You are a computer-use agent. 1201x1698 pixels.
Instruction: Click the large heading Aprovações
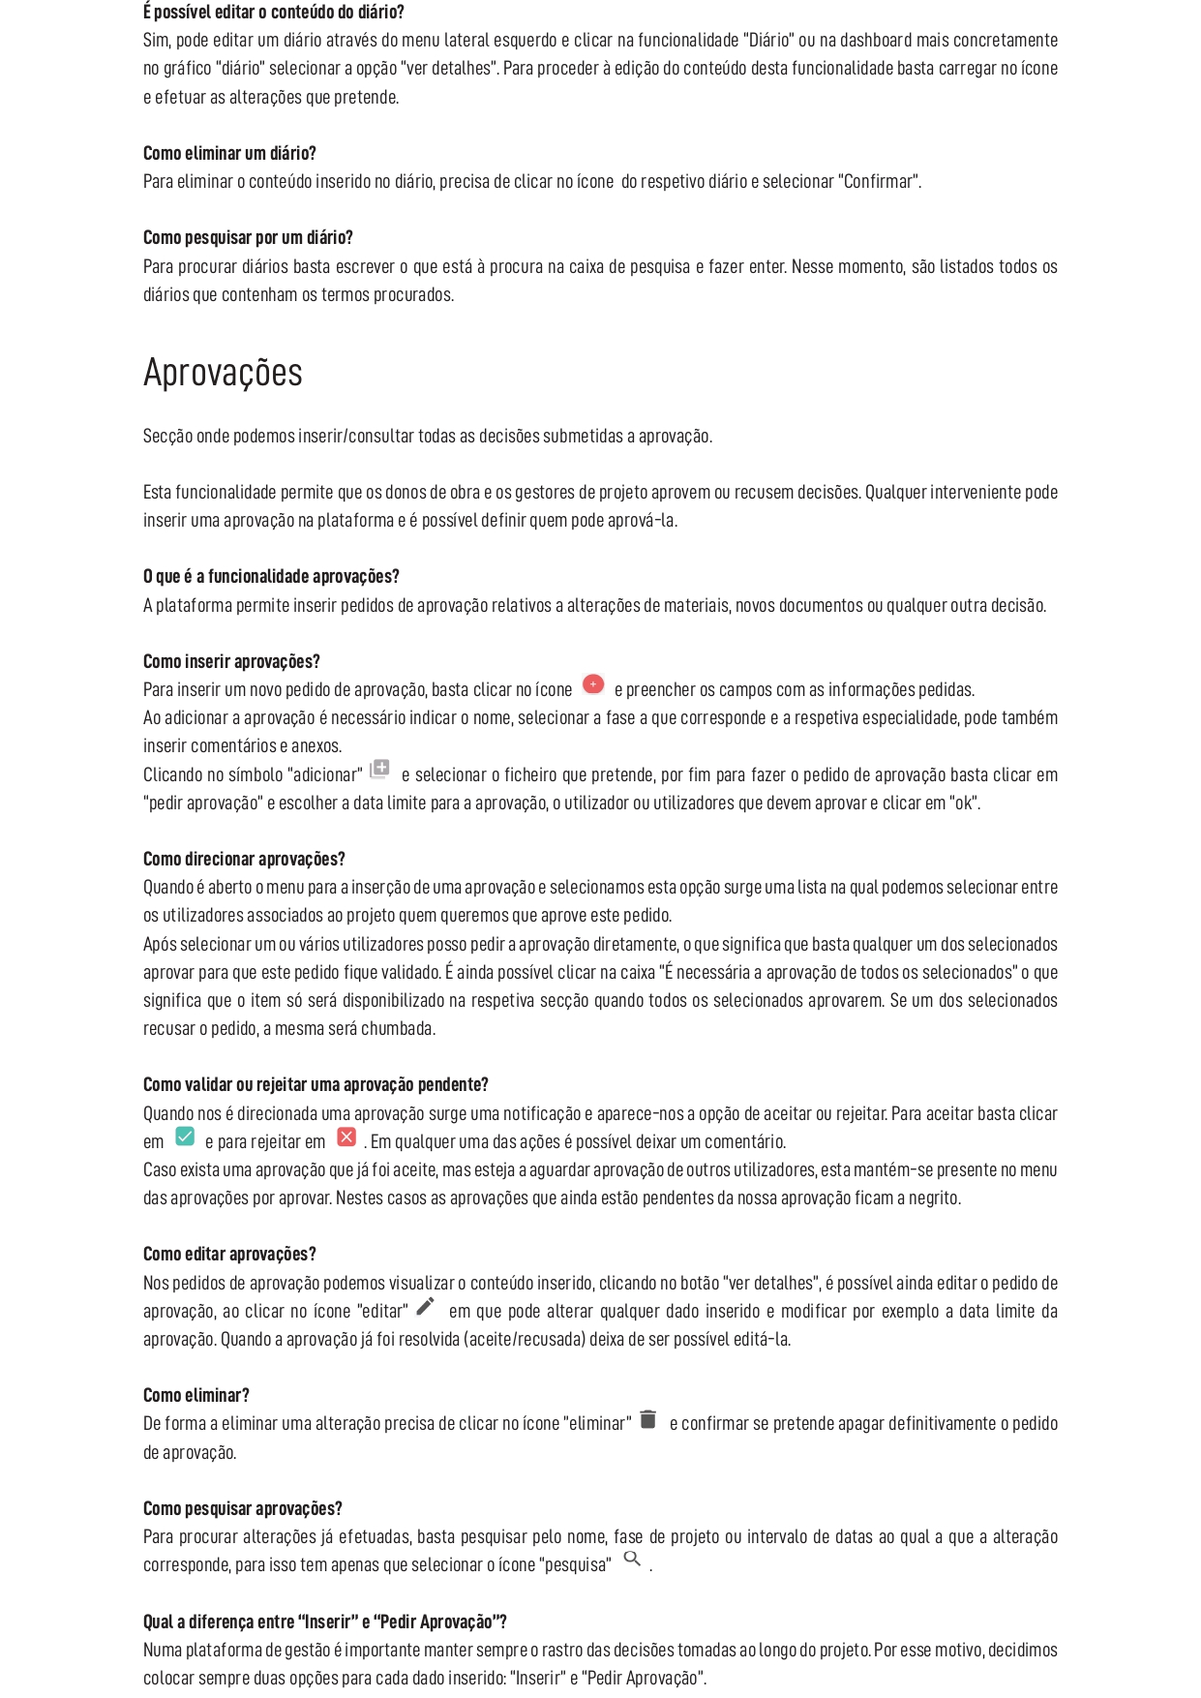click(223, 373)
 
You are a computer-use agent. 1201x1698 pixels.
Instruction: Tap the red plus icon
click(593, 684)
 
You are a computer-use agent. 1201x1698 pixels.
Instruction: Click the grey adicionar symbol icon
click(379, 769)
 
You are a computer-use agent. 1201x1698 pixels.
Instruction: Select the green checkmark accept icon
click(185, 1137)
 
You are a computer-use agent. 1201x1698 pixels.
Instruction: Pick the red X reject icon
click(345, 1137)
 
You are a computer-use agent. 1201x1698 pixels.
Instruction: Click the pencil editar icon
click(426, 1306)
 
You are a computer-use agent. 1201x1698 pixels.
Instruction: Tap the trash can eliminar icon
click(648, 1419)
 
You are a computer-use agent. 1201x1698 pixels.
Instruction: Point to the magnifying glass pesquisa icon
click(632, 1559)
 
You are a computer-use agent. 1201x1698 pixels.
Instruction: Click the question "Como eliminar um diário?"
click(229, 153)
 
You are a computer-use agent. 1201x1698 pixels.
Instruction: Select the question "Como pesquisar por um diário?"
click(248, 237)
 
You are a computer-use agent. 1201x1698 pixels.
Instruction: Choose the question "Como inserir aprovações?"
click(231, 661)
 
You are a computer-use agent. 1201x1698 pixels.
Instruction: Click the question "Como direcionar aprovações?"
click(244, 859)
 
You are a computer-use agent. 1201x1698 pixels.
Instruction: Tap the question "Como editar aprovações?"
click(229, 1254)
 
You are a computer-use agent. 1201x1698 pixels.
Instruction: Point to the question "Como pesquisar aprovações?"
click(243, 1508)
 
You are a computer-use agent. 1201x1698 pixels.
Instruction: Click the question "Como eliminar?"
click(196, 1395)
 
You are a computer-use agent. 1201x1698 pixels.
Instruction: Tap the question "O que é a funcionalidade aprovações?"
click(271, 576)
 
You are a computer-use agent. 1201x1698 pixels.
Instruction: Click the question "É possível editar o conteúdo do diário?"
click(274, 12)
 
